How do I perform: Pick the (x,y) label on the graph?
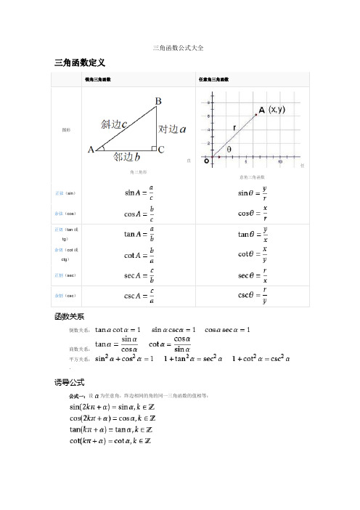pos(281,109)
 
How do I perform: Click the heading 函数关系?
pos(69,316)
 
